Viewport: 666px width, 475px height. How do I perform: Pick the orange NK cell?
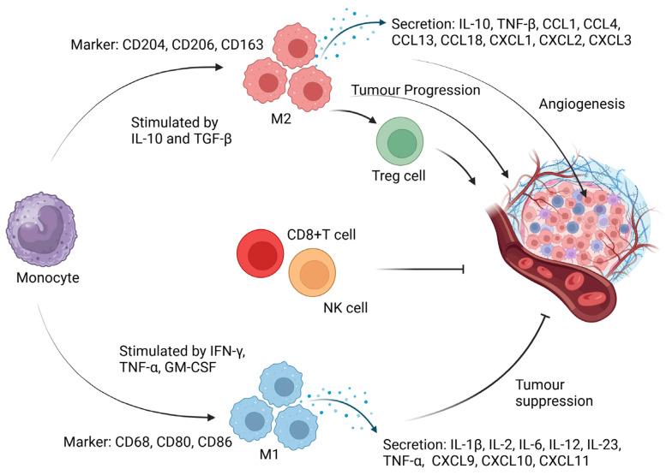[313, 276]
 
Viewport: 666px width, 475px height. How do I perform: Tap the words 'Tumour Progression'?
[415, 90]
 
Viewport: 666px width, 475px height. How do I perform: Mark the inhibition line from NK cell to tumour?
[419, 270]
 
